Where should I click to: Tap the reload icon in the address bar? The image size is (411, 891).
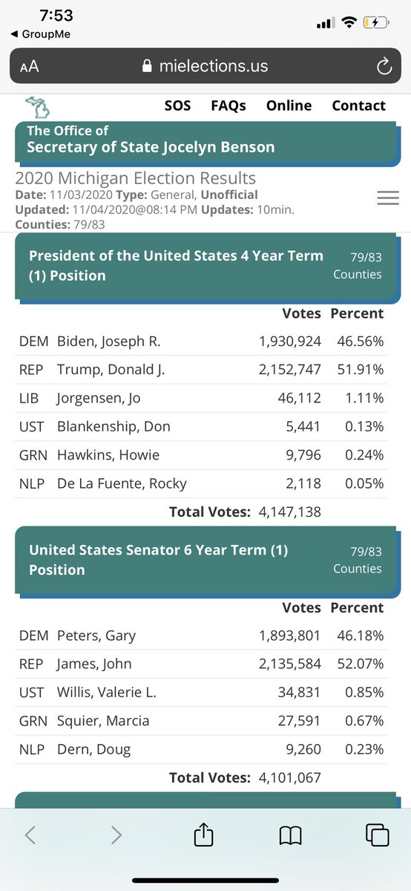click(x=384, y=66)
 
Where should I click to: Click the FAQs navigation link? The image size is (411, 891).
click(x=228, y=105)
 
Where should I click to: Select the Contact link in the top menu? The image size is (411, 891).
click(x=358, y=105)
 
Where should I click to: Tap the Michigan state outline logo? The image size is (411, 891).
click(x=38, y=107)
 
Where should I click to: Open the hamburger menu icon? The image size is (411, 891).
click(x=388, y=198)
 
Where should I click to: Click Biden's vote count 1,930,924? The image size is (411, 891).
click(x=290, y=342)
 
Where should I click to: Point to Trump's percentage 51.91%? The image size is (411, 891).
click(x=361, y=370)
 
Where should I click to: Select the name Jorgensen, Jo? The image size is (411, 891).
click(x=98, y=399)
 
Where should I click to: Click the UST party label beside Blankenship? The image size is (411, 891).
click(x=31, y=427)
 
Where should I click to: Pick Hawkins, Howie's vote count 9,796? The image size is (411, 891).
click(x=303, y=455)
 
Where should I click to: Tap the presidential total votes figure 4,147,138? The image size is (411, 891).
click(x=290, y=512)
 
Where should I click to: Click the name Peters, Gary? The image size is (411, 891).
click(x=96, y=636)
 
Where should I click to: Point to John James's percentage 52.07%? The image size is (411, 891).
click(x=361, y=664)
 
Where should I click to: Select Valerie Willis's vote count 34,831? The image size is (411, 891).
click(x=299, y=693)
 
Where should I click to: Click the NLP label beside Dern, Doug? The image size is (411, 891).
click(x=32, y=749)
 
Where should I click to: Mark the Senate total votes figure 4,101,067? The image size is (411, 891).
click(x=290, y=777)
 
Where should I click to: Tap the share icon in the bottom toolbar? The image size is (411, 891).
click(x=203, y=834)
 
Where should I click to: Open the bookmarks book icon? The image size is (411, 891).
click(x=291, y=835)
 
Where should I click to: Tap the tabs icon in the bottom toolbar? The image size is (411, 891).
click(x=377, y=835)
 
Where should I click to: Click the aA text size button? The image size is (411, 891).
click(x=30, y=66)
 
